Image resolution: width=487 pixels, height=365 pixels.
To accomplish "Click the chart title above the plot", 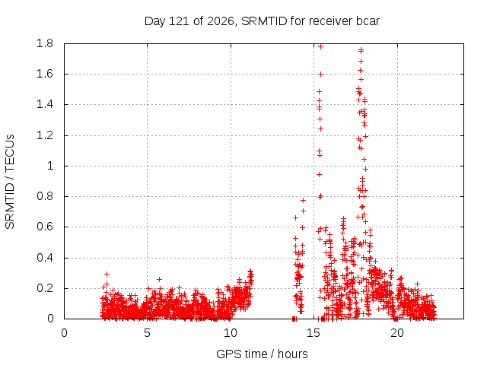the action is pyautogui.click(x=262, y=21).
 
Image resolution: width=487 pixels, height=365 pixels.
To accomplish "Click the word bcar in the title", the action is pyautogui.click(x=368, y=21).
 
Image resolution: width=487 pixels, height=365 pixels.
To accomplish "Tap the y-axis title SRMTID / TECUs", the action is pyautogui.click(x=10, y=182).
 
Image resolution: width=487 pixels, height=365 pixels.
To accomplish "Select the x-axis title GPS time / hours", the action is pyautogui.click(x=262, y=354).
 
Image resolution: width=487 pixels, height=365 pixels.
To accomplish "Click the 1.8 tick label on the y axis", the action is pyautogui.click(x=45, y=43).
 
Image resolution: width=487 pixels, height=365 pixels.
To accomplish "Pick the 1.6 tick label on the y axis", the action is pyautogui.click(x=45, y=74).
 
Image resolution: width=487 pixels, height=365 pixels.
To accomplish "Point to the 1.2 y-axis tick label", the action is pyautogui.click(x=45, y=135).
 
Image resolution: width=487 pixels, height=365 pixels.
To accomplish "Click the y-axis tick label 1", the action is pyautogui.click(x=50, y=166).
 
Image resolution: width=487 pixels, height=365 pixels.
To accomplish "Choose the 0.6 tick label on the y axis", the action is pyautogui.click(x=45, y=227).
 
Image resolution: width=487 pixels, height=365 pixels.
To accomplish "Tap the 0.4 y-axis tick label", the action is pyautogui.click(x=45, y=258).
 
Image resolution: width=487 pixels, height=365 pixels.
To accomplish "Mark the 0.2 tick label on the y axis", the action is pyautogui.click(x=45, y=288).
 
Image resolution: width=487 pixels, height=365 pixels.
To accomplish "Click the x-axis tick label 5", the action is pyautogui.click(x=147, y=333).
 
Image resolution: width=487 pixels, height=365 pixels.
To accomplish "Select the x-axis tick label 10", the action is pyautogui.click(x=231, y=333).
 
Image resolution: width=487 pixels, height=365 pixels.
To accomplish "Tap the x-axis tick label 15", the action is pyautogui.click(x=314, y=333).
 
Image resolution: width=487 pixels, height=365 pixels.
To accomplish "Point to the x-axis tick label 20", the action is pyautogui.click(x=397, y=333).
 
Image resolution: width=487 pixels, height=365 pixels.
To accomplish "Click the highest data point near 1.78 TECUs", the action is pyautogui.click(x=321, y=47).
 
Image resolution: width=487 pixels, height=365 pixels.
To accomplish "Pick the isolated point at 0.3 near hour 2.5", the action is pyautogui.click(x=107, y=274).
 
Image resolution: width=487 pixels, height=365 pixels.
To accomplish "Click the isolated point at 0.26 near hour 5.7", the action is pyautogui.click(x=159, y=279).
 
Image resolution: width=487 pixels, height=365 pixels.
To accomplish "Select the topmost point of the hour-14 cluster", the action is pyautogui.click(x=303, y=201).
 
